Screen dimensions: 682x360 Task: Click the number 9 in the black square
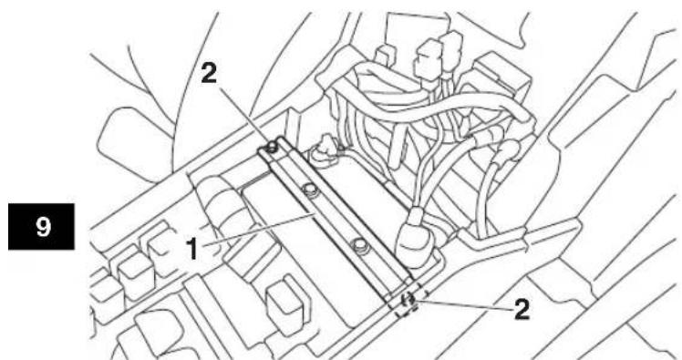pyautogui.click(x=43, y=226)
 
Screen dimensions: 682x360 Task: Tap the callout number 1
pyautogui.click(x=193, y=249)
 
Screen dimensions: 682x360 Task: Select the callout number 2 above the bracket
pyautogui.click(x=209, y=75)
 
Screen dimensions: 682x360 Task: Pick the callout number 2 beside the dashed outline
pyautogui.click(x=522, y=310)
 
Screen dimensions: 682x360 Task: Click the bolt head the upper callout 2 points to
pyautogui.click(x=273, y=146)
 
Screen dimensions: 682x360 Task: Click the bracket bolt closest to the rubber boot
pyautogui.click(x=360, y=245)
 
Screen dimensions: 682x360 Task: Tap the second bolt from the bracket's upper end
pyautogui.click(x=309, y=189)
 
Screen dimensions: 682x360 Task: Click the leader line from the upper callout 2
pyautogui.click(x=243, y=114)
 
